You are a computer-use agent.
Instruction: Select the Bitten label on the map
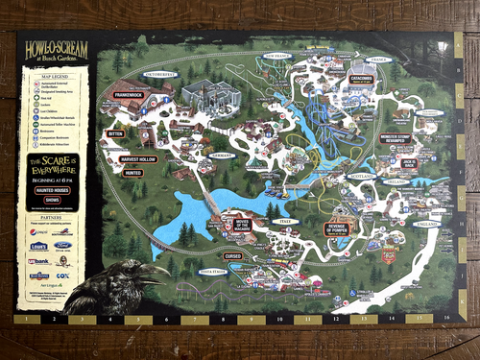(116, 135)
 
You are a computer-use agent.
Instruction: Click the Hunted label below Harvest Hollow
(133, 173)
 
